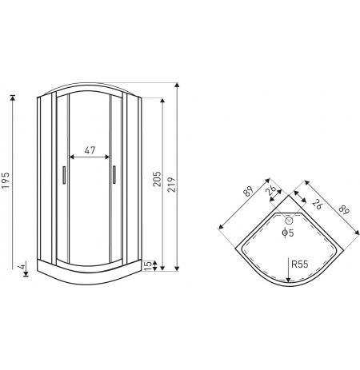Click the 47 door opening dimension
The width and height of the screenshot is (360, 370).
(90, 150)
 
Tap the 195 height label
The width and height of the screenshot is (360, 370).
(6, 181)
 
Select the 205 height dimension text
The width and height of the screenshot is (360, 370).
(158, 179)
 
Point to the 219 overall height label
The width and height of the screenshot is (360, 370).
(172, 185)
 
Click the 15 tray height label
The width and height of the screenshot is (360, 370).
(148, 265)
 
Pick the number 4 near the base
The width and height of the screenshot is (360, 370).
(22, 266)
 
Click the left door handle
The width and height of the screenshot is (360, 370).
(64, 175)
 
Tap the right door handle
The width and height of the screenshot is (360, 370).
(114, 175)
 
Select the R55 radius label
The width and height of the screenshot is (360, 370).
(300, 265)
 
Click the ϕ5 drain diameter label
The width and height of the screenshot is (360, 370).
(288, 233)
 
